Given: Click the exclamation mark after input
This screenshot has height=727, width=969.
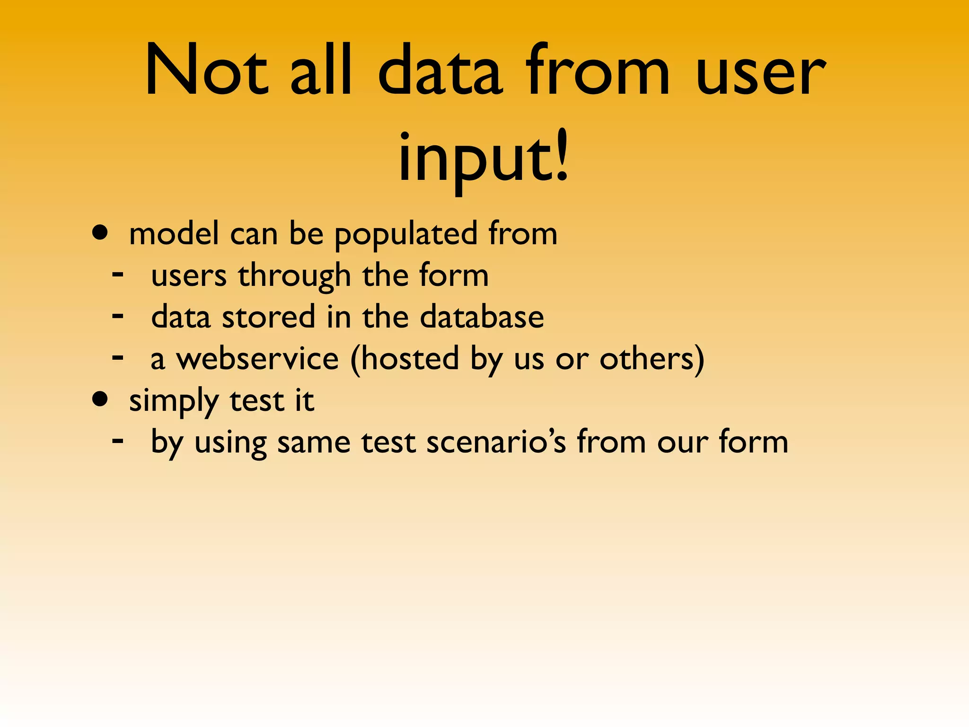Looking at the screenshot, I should coord(562,151).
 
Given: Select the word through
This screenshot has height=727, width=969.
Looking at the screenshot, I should coord(294,276).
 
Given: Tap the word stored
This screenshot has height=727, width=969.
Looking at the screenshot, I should coord(268,317).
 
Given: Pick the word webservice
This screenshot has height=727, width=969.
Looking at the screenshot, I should coord(257,358).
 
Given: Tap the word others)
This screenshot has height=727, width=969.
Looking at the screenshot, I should coord(652,358).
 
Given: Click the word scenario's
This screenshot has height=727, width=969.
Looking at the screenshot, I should coord(496,442).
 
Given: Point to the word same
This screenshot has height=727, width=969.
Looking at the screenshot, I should coord(313,443).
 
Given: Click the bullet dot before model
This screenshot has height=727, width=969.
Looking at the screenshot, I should coord(100,233).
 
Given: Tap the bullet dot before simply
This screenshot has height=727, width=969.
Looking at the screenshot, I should coord(100,399).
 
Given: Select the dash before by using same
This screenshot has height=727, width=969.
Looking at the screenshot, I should coord(118,441).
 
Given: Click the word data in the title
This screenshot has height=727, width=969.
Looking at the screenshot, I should coord(440,71).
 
